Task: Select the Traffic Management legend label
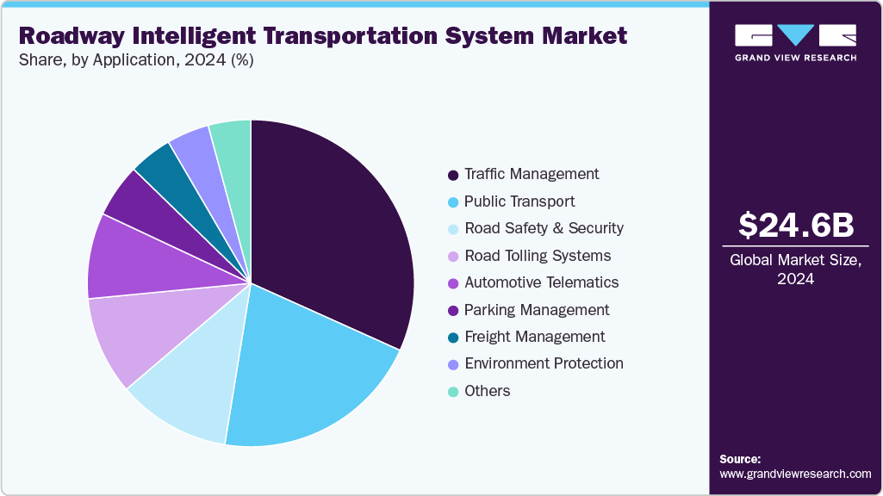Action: coord(532,174)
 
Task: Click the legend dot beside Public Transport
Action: coord(453,202)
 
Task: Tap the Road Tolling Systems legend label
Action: coord(538,256)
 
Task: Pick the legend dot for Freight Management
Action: coord(453,338)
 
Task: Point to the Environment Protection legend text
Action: coord(544,363)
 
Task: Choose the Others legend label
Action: coord(487,391)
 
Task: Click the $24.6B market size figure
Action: coord(796,225)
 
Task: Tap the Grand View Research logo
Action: coord(795,42)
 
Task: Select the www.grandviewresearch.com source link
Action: coord(795,474)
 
